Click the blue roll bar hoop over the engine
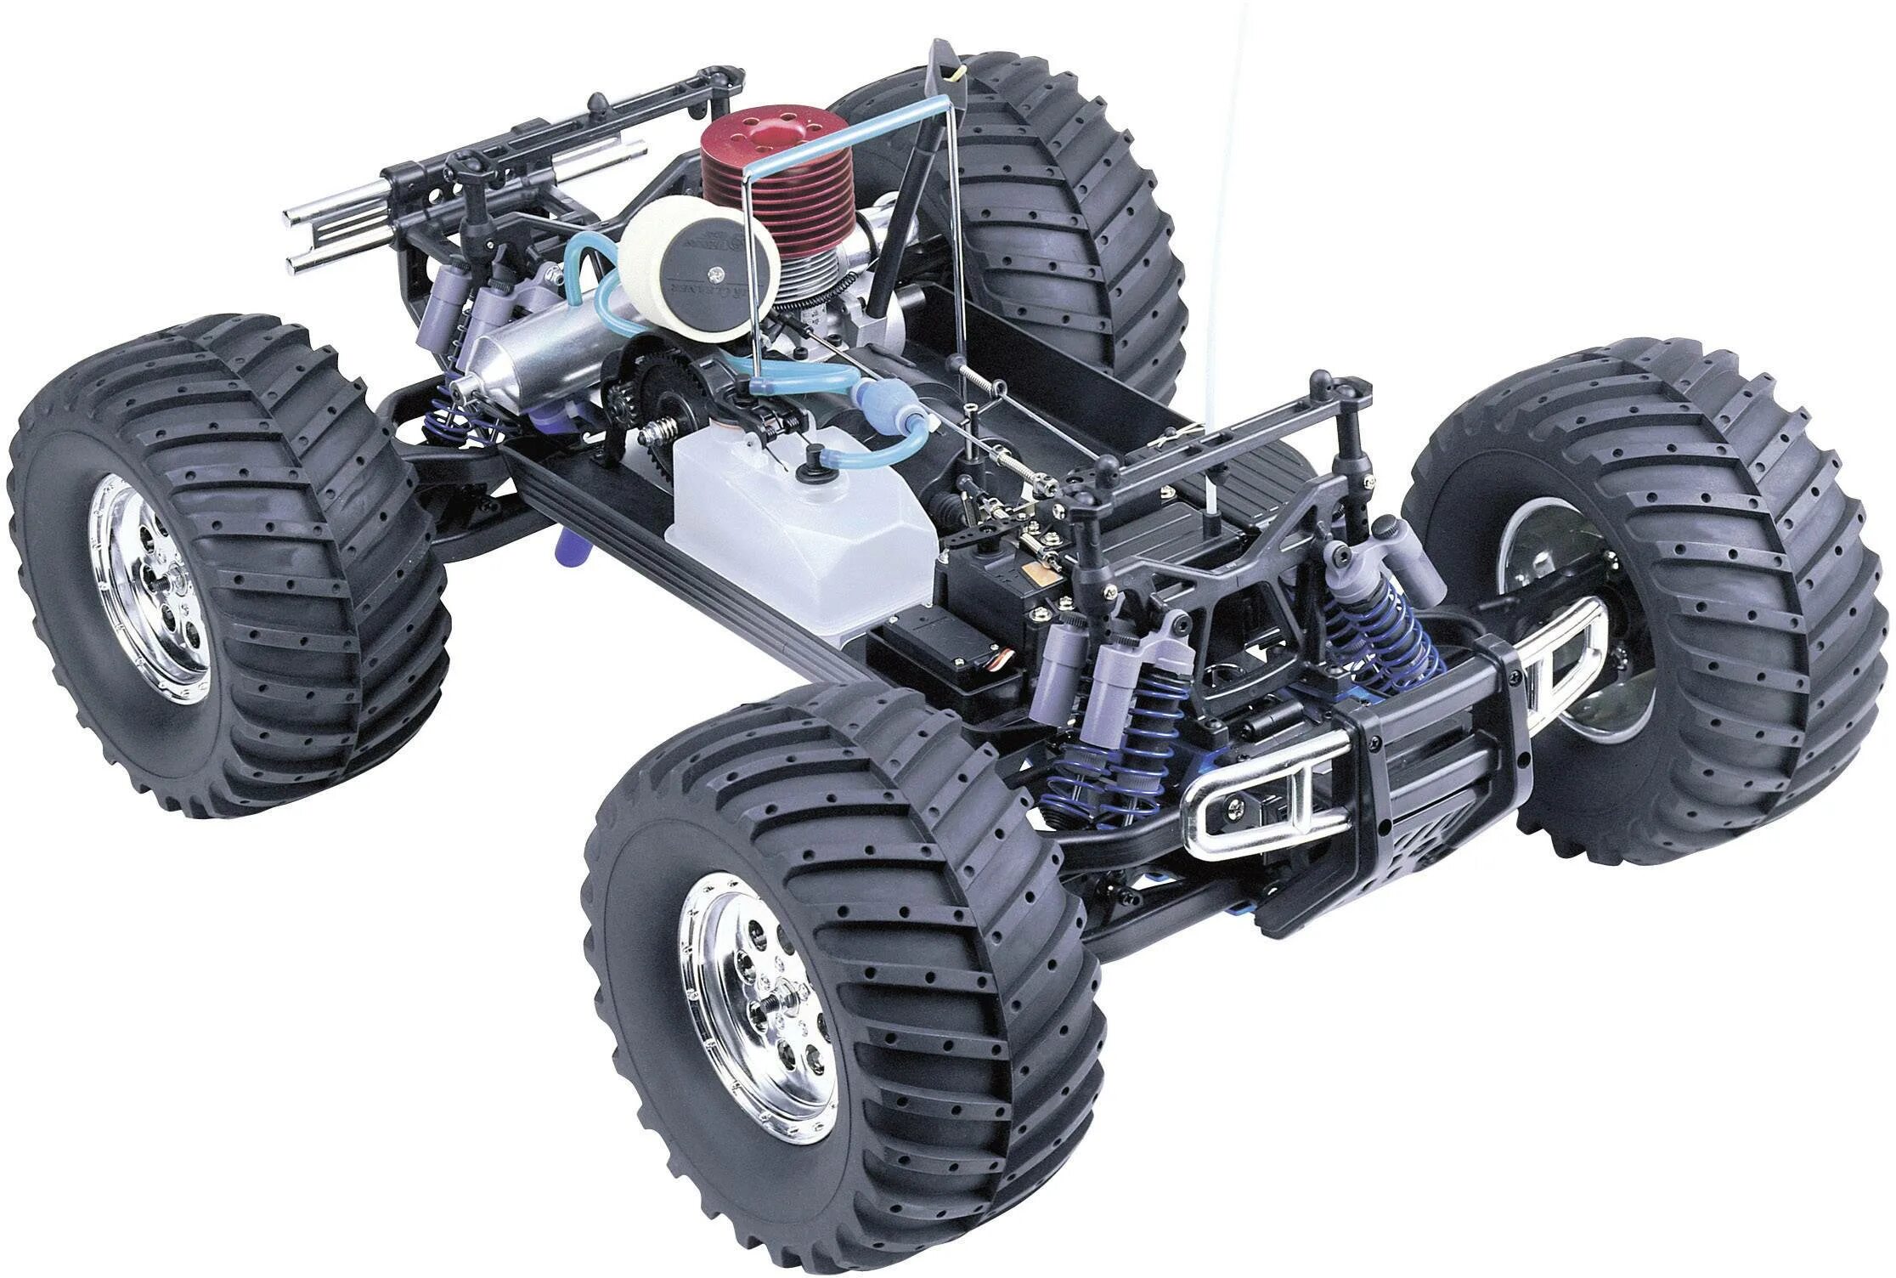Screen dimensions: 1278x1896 click(x=849, y=136)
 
